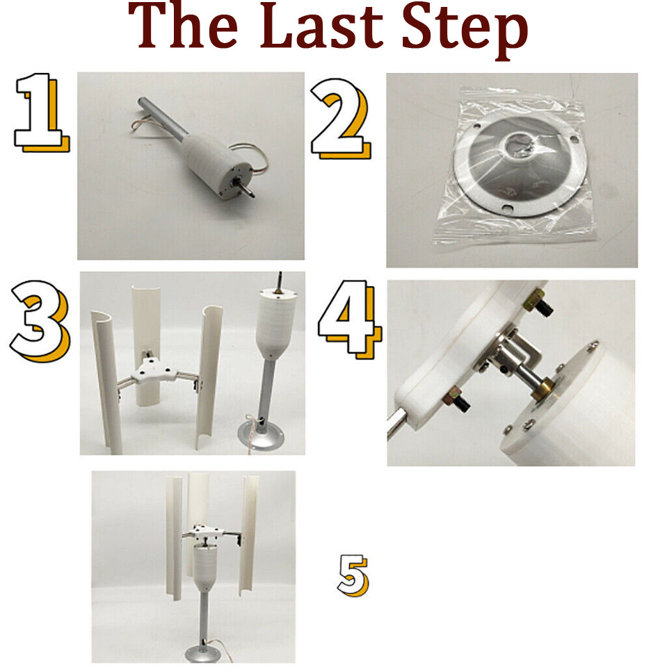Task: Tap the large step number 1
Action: click(x=41, y=111)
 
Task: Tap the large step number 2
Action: click(x=341, y=118)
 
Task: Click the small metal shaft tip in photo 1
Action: click(x=249, y=190)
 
